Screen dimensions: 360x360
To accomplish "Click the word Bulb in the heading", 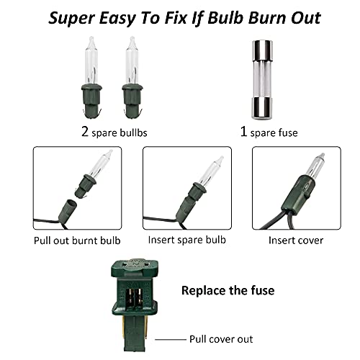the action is (x=225, y=17).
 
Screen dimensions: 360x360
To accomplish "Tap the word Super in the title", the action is (x=72, y=19).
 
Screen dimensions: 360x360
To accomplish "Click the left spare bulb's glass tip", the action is (x=91, y=40).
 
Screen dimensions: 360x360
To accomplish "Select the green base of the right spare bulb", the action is (x=132, y=102).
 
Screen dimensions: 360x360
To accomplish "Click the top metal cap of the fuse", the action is (x=262, y=50).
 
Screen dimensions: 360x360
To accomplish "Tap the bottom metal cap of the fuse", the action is (x=262, y=108).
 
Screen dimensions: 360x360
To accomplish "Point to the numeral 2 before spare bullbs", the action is (x=85, y=131).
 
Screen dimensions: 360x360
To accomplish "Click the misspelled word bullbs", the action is (x=133, y=132).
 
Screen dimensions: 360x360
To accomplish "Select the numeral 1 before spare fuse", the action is (x=243, y=131).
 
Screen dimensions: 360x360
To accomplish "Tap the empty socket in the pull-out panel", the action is (x=68, y=209).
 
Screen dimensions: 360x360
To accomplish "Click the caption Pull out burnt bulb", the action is (x=77, y=240).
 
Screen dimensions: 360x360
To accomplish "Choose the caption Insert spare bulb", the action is (x=187, y=240).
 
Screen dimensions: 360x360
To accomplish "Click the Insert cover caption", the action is (x=296, y=240).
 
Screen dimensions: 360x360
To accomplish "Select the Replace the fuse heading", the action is (x=228, y=290).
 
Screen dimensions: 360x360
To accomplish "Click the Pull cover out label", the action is (x=221, y=339).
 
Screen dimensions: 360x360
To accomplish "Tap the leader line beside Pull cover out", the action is (x=171, y=339).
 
